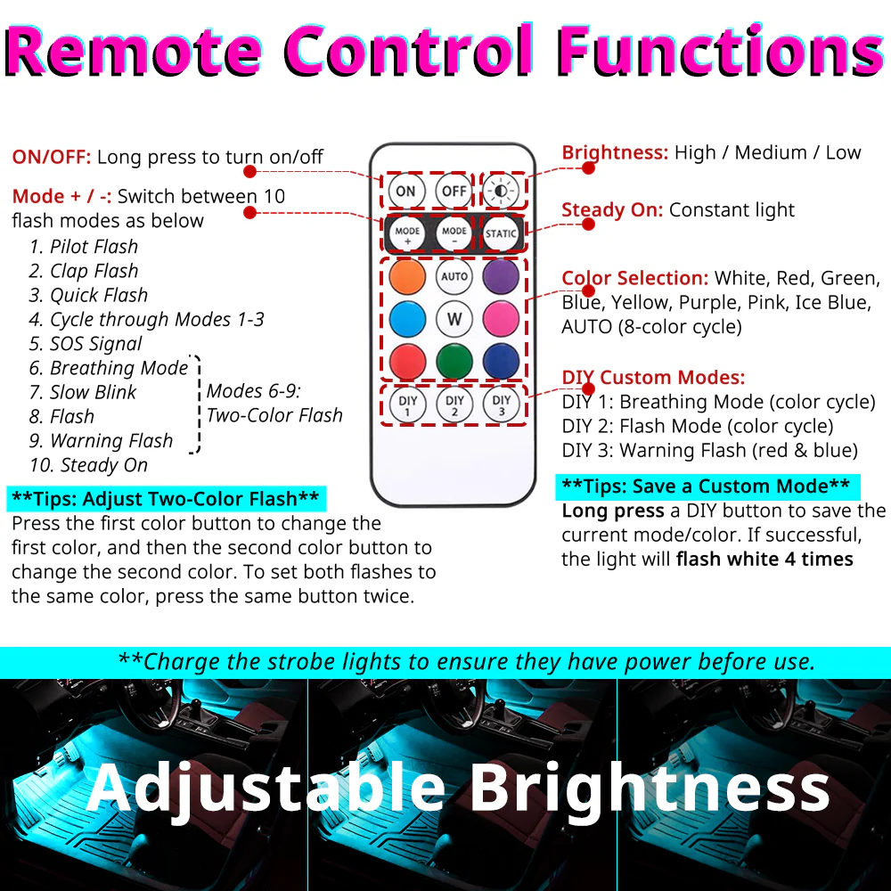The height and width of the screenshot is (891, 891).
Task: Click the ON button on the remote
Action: [405, 191]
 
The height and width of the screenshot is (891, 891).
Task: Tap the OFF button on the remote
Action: [454, 191]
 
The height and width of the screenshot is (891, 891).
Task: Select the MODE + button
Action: [407, 234]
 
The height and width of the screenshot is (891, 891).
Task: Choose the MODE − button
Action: [454, 234]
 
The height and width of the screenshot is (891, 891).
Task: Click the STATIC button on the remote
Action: [501, 234]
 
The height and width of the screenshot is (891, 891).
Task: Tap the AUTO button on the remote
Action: [454, 276]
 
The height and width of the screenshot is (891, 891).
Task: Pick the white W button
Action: [454, 318]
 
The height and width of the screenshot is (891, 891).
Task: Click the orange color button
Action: [407, 276]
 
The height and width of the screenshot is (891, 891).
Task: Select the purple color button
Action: [501, 276]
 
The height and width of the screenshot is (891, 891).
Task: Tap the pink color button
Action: [501, 318]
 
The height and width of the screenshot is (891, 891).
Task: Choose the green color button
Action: [454, 361]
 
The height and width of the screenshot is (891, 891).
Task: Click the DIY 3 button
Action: [502, 405]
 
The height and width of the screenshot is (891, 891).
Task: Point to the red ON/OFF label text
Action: [52, 158]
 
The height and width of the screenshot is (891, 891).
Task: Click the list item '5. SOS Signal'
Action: [86, 344]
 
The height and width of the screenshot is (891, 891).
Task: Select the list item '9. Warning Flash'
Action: [101, 441]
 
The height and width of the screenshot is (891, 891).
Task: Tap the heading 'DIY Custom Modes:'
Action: [653, 378]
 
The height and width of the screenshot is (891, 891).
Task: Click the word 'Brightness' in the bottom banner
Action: [650, 788]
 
